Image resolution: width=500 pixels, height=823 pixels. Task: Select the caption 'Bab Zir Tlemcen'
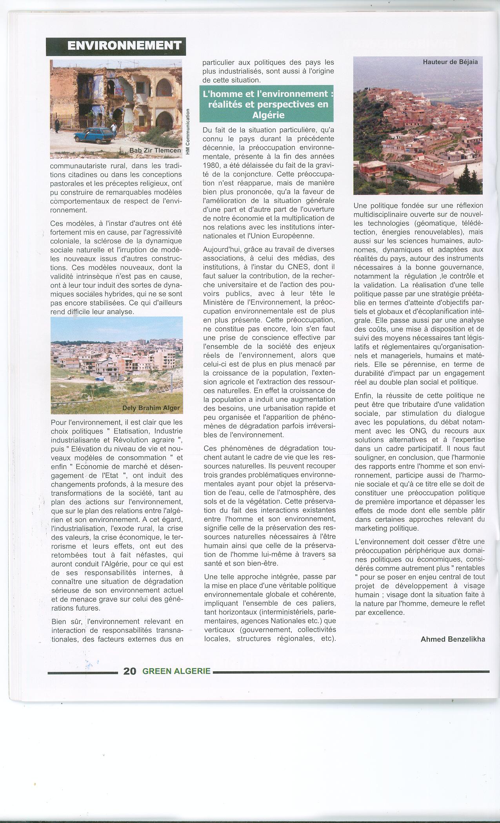156,151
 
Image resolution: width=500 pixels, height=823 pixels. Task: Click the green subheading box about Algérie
266,105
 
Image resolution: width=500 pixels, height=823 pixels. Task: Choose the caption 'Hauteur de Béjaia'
450,62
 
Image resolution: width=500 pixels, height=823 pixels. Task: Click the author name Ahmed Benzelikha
453,639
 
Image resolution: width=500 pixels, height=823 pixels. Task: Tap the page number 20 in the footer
130,671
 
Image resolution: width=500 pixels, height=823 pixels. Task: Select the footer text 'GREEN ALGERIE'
176,671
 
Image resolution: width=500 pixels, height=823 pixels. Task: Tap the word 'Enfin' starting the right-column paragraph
363,395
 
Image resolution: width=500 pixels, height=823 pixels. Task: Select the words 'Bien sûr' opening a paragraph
65,621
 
